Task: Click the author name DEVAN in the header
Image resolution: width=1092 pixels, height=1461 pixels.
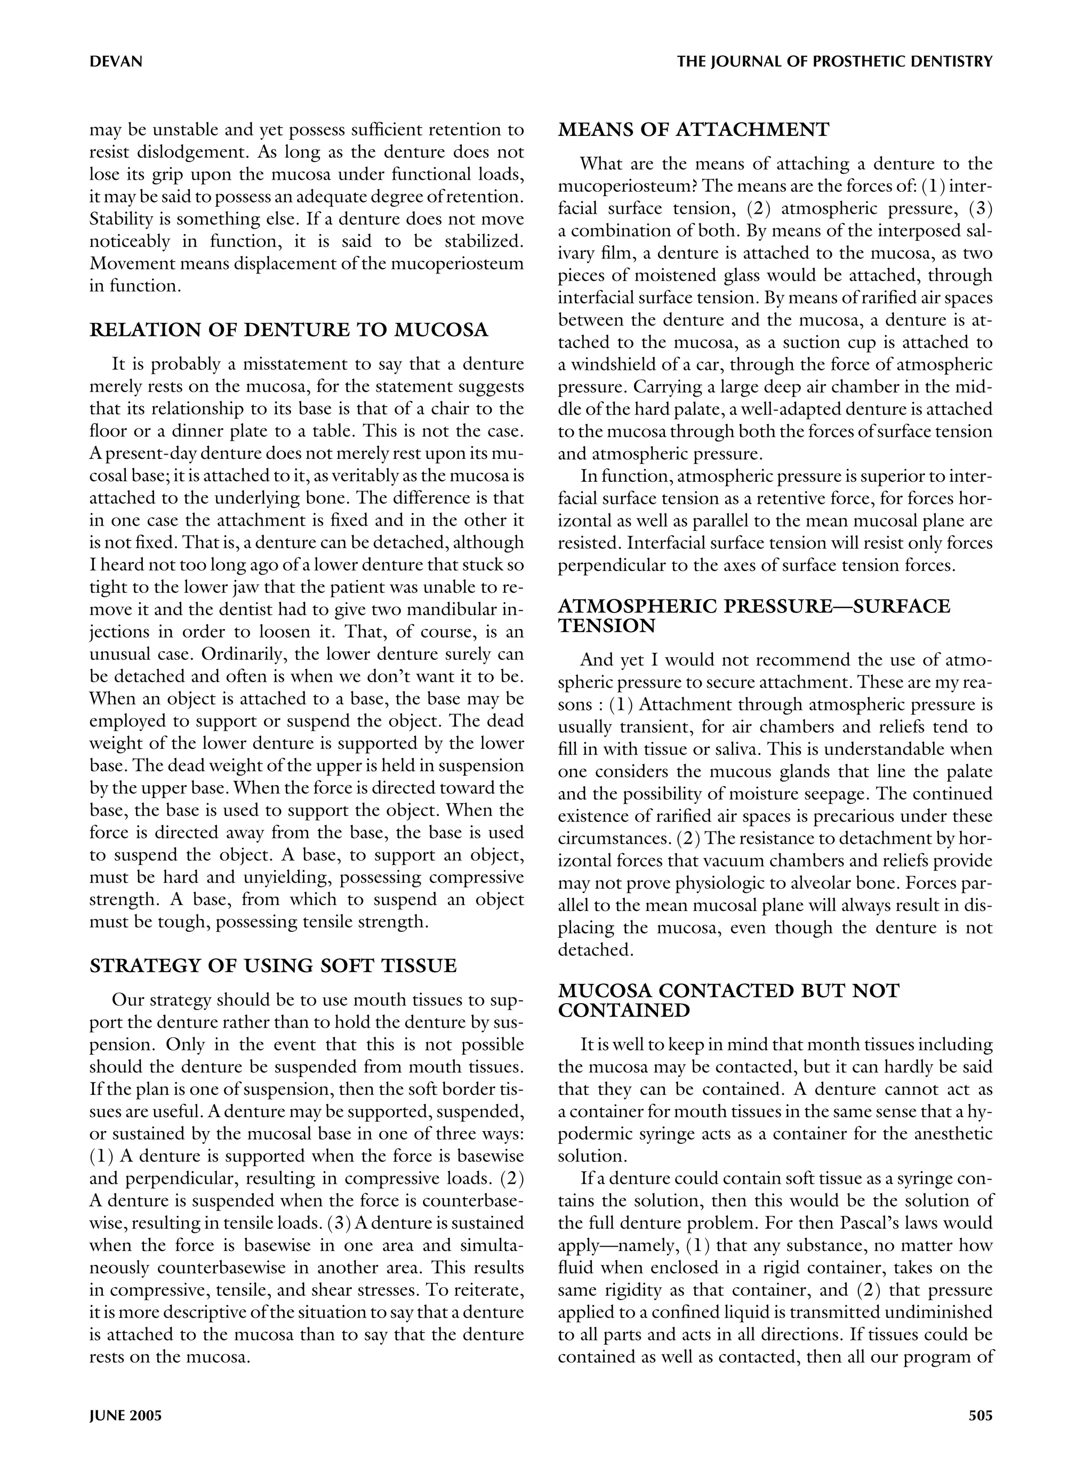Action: pyautogui.click(x=116, y=62)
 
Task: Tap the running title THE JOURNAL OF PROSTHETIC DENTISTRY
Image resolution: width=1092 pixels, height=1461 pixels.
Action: pyautogui.click(x=834, y=62)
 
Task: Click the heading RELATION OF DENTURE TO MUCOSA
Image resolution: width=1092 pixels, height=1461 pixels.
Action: pyautogui.click(x=288, y=330)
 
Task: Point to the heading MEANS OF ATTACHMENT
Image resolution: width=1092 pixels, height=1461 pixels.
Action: pyautogui.click(x=693, y=130)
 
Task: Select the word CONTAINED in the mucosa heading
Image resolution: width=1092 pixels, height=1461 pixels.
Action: pyautogui.click(x=624, y=1011)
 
